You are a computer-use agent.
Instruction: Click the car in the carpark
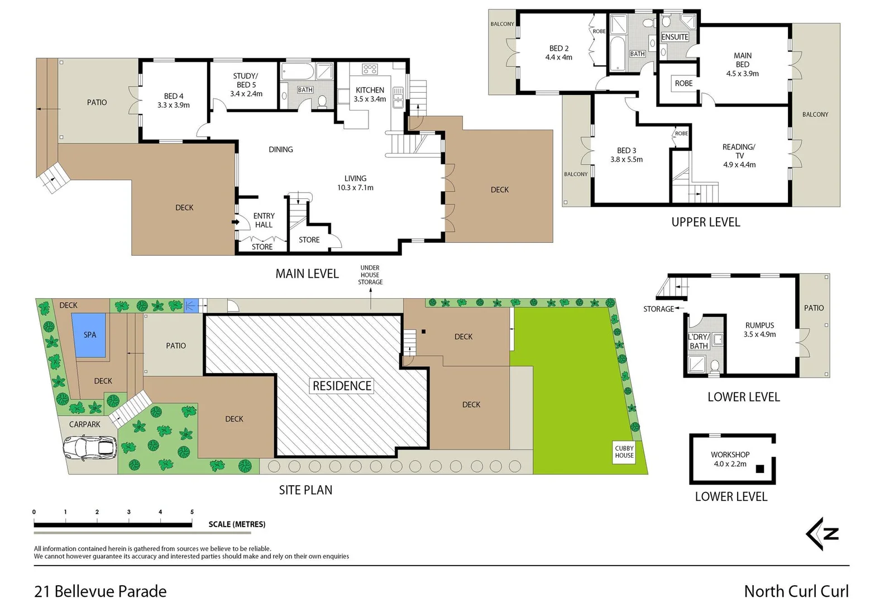89,447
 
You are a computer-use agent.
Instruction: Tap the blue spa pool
89,335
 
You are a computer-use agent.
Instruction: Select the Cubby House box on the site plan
624,452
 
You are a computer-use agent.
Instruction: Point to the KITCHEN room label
370,90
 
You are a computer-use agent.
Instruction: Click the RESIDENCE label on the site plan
342,386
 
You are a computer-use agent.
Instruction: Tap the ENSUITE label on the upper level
675,37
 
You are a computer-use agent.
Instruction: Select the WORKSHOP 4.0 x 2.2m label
730,459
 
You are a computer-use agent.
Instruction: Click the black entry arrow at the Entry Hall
236,222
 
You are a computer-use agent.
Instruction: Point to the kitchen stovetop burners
370,69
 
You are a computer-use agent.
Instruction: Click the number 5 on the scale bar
192,512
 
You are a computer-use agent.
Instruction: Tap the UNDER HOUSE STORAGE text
370,275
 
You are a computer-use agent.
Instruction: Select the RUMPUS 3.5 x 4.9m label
759,329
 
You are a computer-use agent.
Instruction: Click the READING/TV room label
739,151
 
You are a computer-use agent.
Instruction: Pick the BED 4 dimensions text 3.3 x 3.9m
174,105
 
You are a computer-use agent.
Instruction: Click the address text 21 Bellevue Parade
101,591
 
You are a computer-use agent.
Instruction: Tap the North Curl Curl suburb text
796,591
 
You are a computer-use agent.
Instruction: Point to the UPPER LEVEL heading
705,222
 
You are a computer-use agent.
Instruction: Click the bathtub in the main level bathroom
296,71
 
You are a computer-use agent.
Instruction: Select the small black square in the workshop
759,469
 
